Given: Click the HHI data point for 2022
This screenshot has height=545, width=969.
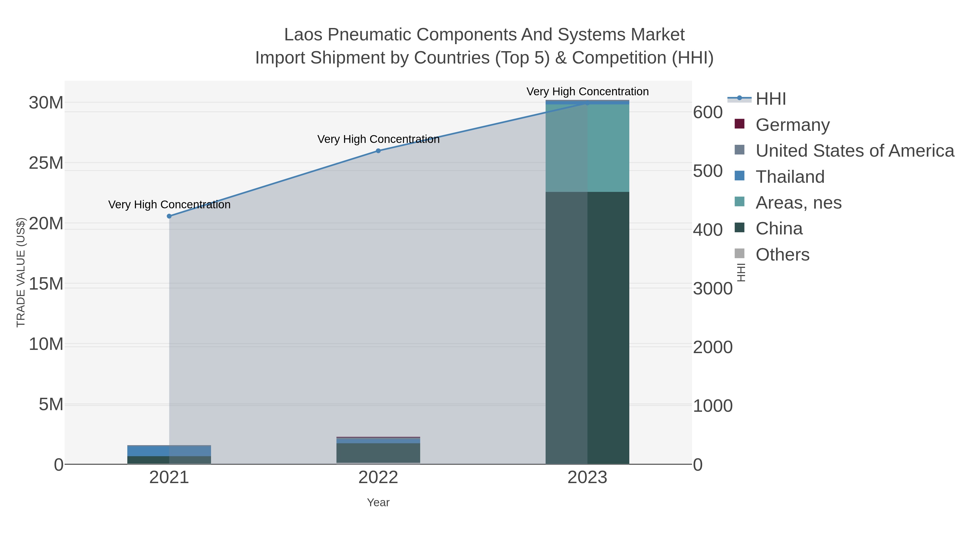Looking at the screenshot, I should [x=378, y=151].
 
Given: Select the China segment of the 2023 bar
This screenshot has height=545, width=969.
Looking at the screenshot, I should [x=587, y=327].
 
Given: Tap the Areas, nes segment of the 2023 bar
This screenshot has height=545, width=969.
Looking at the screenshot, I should [x=587, y=148].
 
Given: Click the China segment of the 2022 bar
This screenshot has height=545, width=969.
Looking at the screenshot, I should [x=378, y=453].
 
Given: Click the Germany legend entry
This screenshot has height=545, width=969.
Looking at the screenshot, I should [x=792, y=125].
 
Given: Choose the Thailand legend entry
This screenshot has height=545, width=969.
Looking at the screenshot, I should [x=790, y=177].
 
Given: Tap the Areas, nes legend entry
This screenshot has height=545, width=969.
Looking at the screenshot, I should [x=798, y=203].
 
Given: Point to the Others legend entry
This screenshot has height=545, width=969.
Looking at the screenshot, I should [x=782, y=255].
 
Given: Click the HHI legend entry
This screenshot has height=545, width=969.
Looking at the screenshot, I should [x=770, y=99].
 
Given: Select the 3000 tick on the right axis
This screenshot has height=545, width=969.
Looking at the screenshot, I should [x=712, y=289].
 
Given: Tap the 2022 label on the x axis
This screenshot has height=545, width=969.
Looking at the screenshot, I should [x=378, y=478].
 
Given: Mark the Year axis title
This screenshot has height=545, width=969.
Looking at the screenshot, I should [x=378, y=502].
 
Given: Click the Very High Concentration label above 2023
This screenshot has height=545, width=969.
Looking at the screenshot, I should [x=587, y=92].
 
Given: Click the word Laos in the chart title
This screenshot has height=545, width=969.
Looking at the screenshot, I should [x=303, y=35].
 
